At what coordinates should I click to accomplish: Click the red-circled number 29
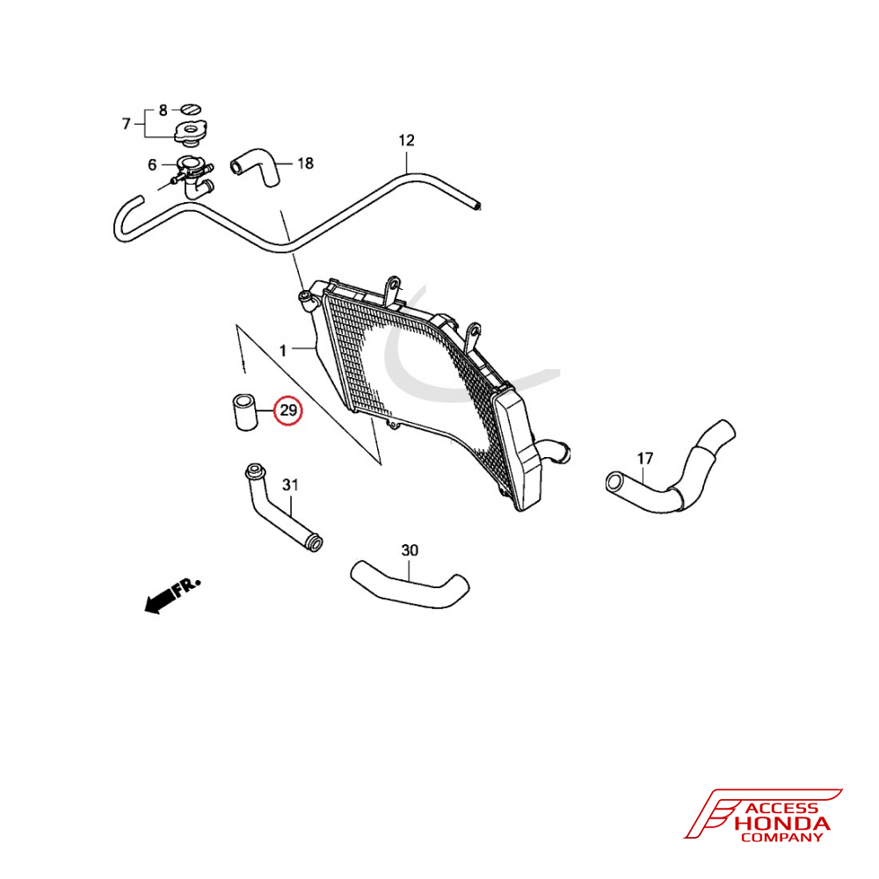pyautogui.click(x=288, y=410)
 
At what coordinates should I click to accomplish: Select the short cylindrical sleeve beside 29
pyautogui.click(x=244, y=412)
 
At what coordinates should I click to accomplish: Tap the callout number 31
pyautogui.click(x=290, y=484)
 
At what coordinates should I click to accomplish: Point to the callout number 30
pyautogui.click(x=410, y=550)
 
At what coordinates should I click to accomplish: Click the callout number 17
pyautogui.click(x=645, y=459)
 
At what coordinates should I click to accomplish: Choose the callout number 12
pyautogui.click(x=406, y=140)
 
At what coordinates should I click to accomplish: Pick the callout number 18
pyautogui.click(x=305, y=163)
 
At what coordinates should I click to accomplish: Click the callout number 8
pyautogui.click(x=163, y=111)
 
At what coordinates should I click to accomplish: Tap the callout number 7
pyautogui.click(x=126, y=123)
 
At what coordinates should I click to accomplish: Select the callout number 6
pyautogui.click(x=152, y=165)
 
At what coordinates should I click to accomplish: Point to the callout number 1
pyautogui.click(x=283, y=351)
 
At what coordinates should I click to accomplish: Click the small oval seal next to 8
pyautogui.click(x=190, y=109)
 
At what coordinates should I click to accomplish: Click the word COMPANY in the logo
pyautogui.click(x=781, y=838)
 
